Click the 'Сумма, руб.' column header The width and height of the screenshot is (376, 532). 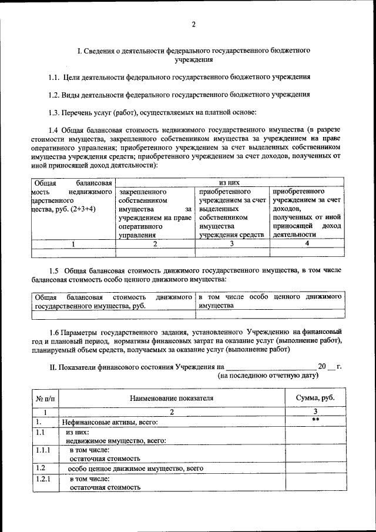[x=315, y=398]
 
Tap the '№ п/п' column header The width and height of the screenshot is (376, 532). [x=45, y=398]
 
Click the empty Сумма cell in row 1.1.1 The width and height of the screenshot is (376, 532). [x=315, y=454]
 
